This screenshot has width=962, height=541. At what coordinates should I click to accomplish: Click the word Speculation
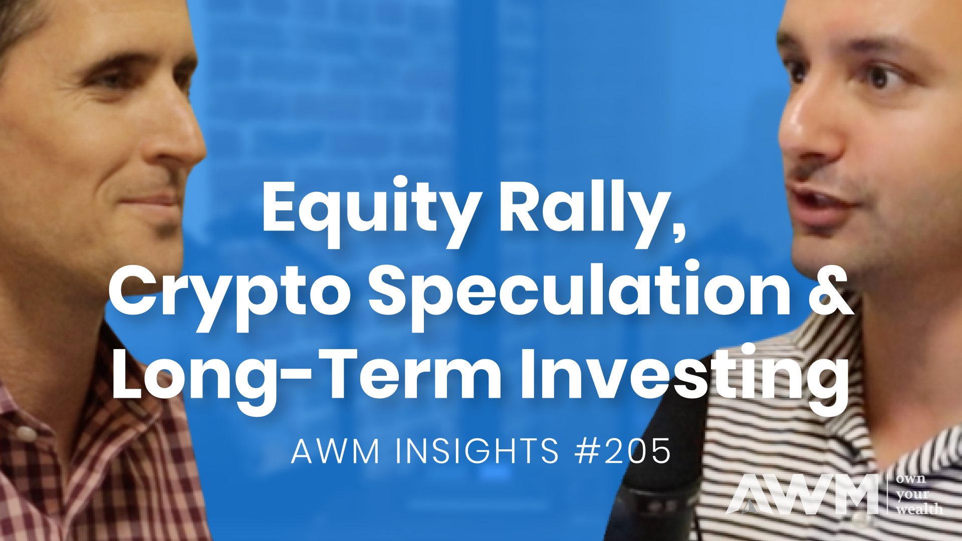click(579, 293)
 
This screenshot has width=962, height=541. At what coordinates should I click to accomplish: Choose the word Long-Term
click(306, 376)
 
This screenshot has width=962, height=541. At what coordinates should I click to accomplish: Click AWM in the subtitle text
click(335, 451)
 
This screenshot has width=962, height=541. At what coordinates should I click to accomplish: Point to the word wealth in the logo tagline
click(919, 509)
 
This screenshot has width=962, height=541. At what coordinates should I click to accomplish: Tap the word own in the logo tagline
click(911, 478)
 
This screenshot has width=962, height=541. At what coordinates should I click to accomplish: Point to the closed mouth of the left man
click(153, 200)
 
